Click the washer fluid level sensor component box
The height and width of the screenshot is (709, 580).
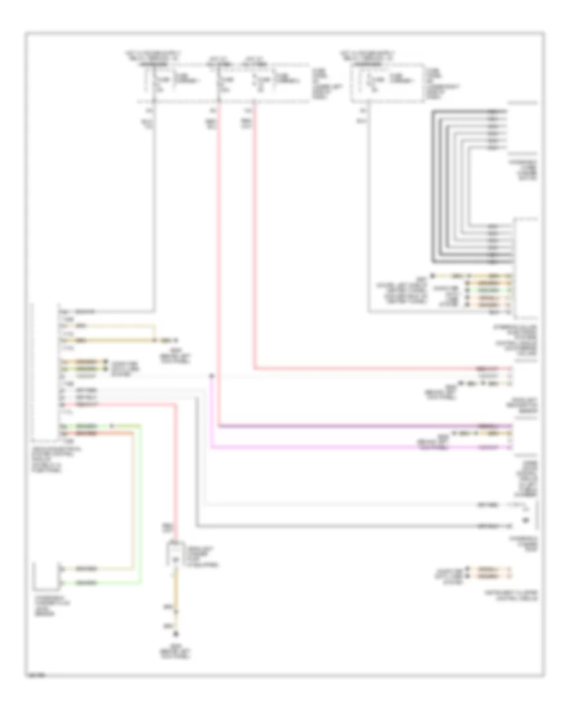point(45,575)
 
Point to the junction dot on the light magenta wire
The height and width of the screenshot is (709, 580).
point(211,374)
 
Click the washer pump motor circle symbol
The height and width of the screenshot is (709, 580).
point(525,520)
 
